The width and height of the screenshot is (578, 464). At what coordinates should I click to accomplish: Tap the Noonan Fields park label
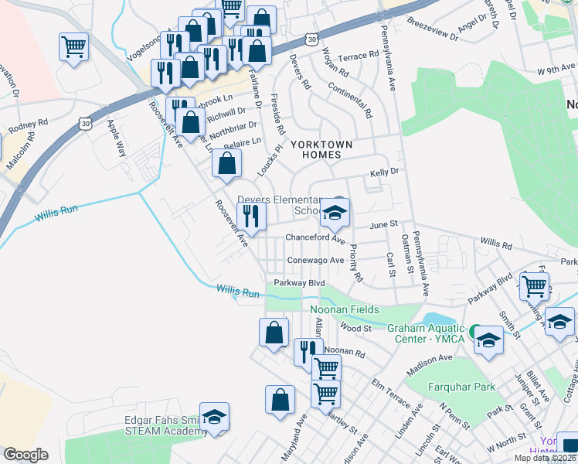pos(345,310)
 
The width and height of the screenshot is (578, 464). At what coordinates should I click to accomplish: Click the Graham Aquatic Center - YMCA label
pos(428,333)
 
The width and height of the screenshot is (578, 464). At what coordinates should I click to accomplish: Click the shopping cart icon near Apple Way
pos(73,46)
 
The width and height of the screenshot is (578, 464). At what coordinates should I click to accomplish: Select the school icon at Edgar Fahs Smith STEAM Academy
pos(214,415)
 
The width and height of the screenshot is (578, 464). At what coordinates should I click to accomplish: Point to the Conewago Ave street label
pos(315,261)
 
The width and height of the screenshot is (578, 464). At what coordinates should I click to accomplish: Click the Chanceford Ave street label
pos(314,238)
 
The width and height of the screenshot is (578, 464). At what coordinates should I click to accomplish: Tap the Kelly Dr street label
pos(384,173)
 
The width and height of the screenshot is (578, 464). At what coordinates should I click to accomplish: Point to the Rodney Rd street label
pos(28,125)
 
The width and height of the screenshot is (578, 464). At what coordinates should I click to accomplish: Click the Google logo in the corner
pos(25,454)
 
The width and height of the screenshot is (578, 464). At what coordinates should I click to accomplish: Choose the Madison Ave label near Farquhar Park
pos(435,358)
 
